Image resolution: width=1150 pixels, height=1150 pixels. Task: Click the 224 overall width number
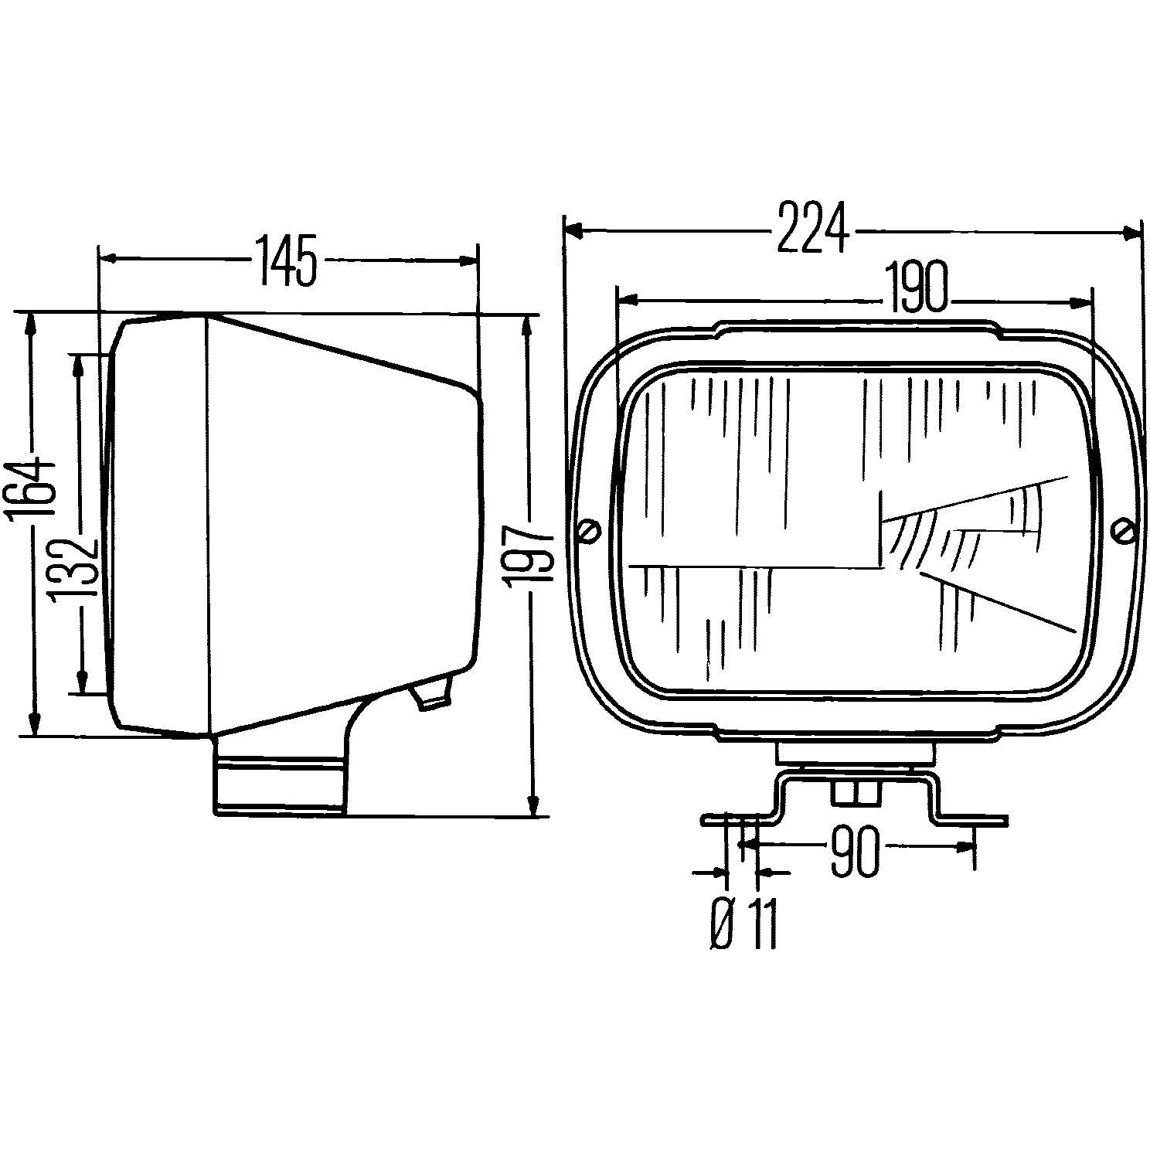813,227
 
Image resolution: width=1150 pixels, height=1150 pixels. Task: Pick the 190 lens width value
917,287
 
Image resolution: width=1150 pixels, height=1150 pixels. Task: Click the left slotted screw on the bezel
590,532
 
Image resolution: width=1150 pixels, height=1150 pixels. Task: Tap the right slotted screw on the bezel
1124,531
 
